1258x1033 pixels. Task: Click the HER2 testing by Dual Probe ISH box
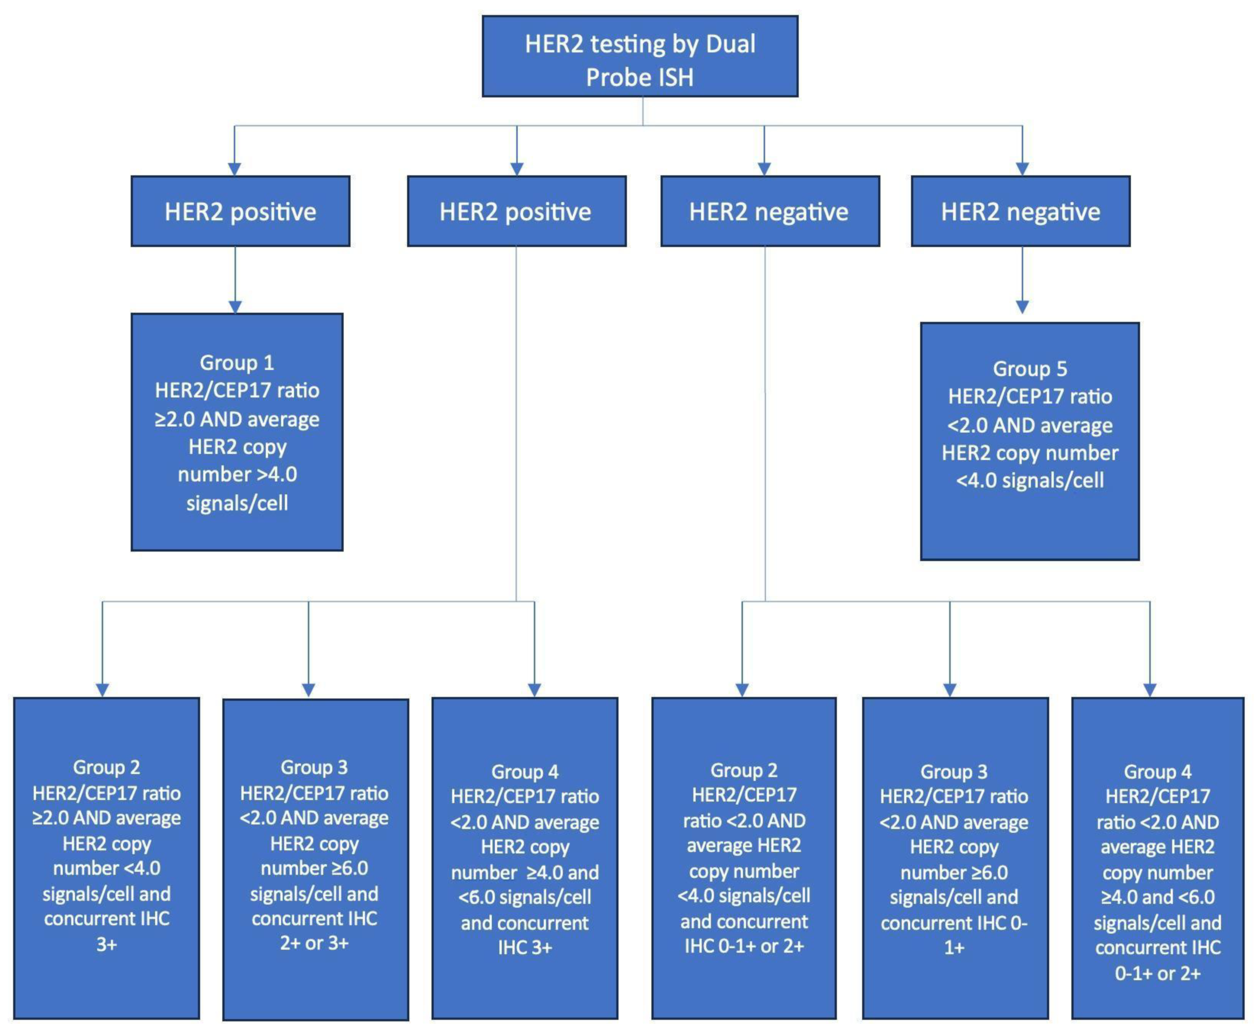coord(640,56)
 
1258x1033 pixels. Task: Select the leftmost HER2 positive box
coord(241,211)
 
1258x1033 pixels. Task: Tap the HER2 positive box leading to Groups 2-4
coord(516,211)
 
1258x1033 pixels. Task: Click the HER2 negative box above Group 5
coord(1020,211)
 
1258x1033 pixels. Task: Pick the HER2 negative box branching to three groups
coord(770,211)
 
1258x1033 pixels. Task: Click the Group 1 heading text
coord(237,362)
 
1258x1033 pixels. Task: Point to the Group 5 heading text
coord(1030,368)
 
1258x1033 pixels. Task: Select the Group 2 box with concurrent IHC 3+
coord(107,857)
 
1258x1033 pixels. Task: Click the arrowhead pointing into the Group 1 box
coord(235,306)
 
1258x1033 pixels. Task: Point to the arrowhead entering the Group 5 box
coord(1023,307)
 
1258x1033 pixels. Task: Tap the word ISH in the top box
coord(671,77)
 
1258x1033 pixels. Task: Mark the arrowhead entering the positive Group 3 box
coord(308,690)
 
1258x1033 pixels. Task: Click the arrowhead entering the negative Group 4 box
coord(1150,690)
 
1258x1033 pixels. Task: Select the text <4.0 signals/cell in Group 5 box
coord(1030,480)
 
